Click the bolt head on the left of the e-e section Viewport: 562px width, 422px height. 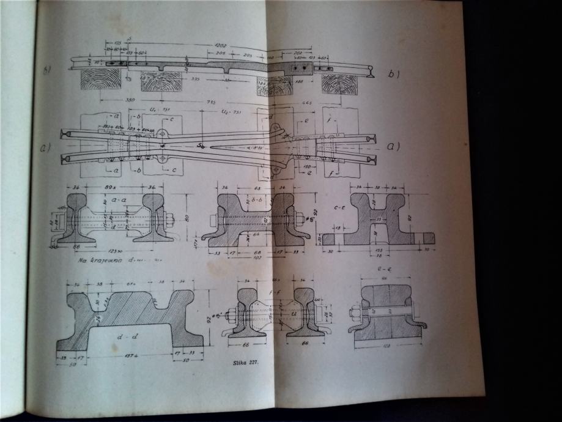(353, 314)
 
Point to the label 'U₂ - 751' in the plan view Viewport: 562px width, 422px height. (232, 113)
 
